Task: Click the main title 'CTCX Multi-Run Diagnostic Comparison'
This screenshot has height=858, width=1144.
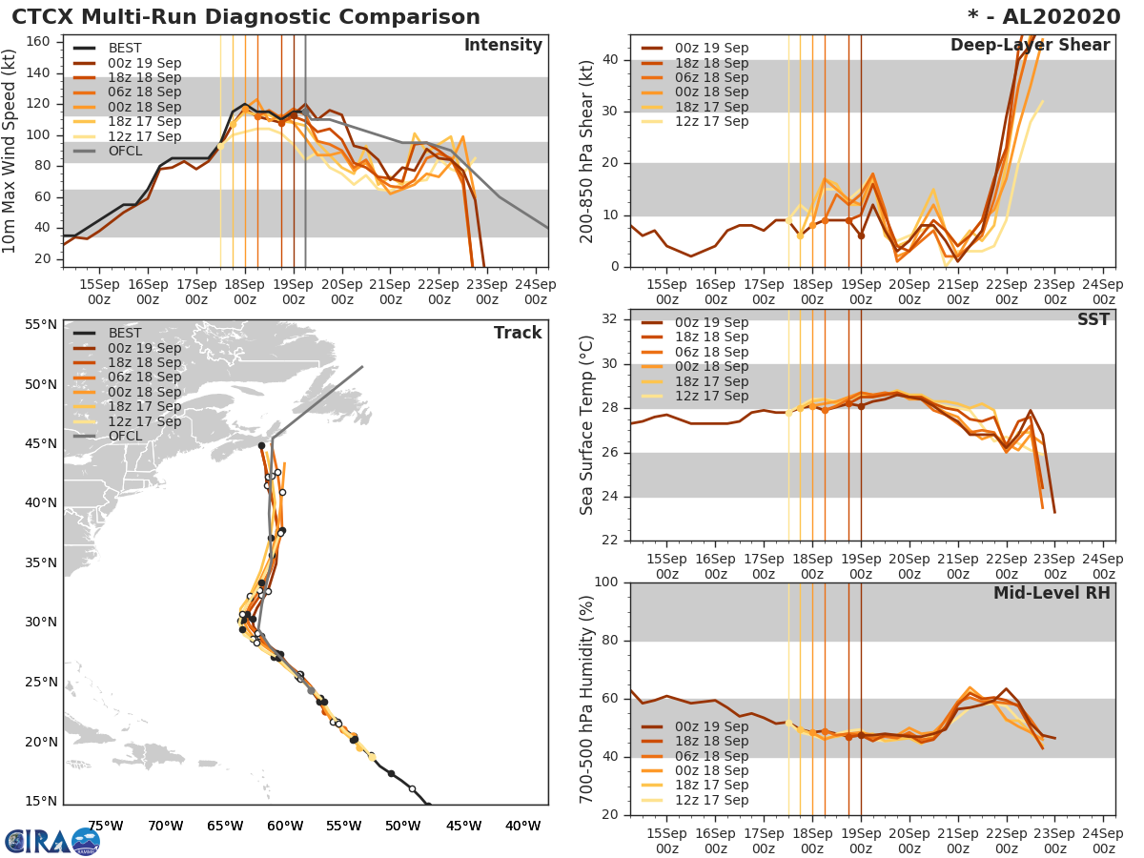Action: point(246,17)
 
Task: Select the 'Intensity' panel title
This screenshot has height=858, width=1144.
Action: point(502,46)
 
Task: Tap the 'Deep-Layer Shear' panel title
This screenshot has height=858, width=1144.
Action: point(1030,46)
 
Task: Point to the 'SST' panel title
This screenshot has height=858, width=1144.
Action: point(1093,319)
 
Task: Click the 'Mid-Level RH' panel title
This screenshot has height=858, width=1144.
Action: point(1052,593)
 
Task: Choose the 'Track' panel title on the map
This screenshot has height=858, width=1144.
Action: point(518,333)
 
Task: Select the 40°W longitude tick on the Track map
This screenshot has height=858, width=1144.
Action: point(522,826)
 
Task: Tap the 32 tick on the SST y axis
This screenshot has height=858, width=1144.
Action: point(613,319)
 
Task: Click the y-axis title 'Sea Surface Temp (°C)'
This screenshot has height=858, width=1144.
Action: point(587,425)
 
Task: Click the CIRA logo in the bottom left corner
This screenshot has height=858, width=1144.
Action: point(52,841)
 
